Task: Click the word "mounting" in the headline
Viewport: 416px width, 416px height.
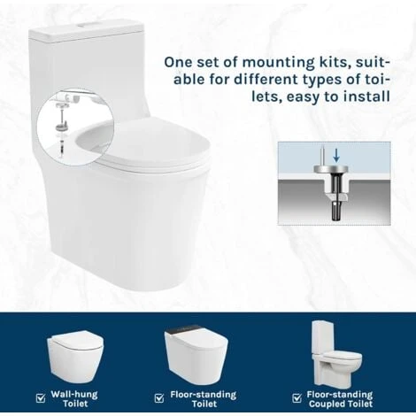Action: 278,63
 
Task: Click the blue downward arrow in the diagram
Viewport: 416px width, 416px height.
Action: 336,155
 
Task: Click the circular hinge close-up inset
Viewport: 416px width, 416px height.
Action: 75,127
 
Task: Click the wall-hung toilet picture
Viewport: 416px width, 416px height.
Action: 75,356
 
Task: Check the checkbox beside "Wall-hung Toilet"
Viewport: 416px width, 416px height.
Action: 41,398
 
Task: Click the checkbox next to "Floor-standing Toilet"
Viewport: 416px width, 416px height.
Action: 159,398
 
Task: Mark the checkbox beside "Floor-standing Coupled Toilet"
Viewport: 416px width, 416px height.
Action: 297,398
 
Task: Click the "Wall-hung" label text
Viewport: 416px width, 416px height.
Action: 74,395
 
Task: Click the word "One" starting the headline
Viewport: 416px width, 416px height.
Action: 178,63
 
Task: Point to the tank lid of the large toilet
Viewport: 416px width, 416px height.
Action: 86,33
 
